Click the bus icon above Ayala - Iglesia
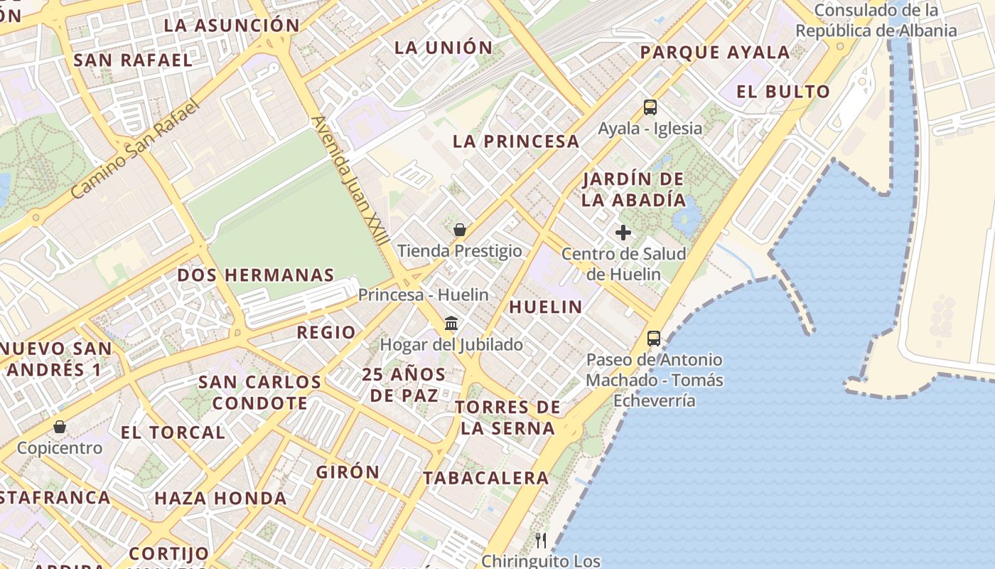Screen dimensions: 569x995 (x=650, y=107)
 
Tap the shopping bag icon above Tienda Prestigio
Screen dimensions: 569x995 (x=460, y=230)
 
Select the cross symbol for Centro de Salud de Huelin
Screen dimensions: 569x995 (x=623, y=233)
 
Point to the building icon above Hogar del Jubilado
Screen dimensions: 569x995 (x=451, y=324)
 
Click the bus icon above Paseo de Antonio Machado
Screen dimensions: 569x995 (x=654, y=339)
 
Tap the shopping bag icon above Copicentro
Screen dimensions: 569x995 (x=60, y=427)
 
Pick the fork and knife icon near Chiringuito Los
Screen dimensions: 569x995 (x=542, y=541)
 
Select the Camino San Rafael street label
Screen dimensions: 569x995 (x=136, y=150)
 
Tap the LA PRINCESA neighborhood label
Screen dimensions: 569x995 (x=516, y=142)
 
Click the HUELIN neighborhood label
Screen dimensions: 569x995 (x=546, y=307)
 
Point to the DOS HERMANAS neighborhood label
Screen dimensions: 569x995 (x=256, y=275)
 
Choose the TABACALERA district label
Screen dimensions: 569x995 (x=486, y=478)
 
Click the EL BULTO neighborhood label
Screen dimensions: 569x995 (x=783, y=92)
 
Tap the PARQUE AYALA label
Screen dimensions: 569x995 (x=715, y=53)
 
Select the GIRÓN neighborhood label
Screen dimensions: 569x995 (x=348, y=472)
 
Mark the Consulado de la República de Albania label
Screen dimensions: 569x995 (x=876, y=21)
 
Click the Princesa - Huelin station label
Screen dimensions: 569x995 (x=424, y=294)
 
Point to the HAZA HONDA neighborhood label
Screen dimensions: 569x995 (x=220, y=499)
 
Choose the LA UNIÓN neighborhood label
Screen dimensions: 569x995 (x=443, y=48)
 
